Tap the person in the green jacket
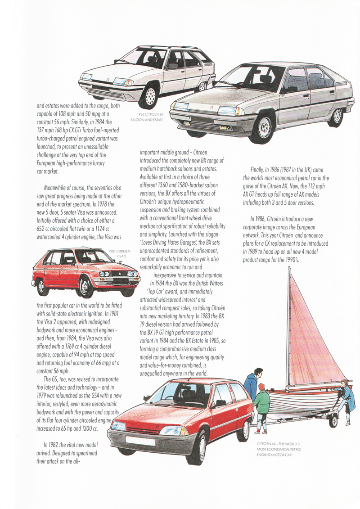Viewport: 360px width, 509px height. (261, 410)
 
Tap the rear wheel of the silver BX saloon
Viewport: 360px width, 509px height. (336, 116)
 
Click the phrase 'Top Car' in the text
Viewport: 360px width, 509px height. (161, 290)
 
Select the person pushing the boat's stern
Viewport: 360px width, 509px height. (345, 401)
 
